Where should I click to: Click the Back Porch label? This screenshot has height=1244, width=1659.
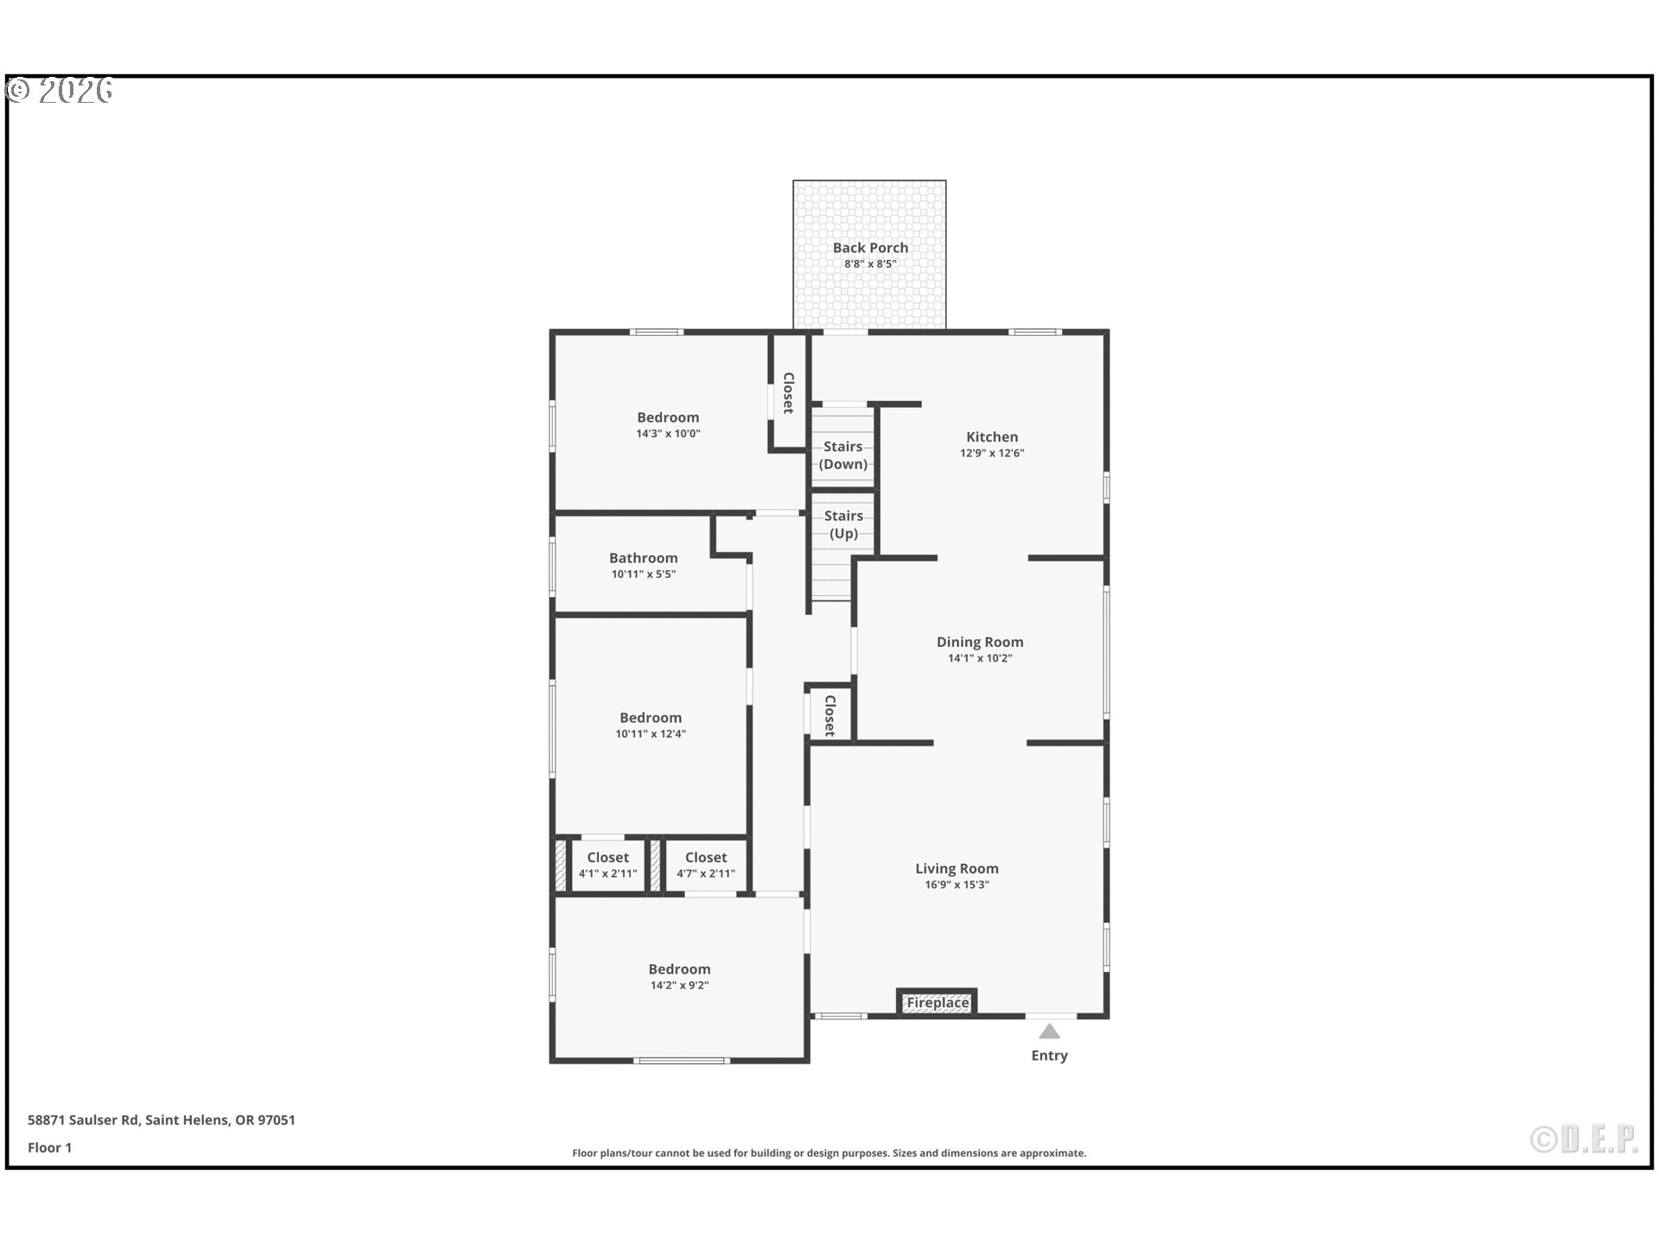pos(870,248)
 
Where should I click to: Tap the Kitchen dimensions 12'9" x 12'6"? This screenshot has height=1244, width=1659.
pos(992,453)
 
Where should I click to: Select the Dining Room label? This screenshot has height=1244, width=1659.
pos(980,642)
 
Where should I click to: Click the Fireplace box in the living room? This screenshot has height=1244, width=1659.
pos(938,1003)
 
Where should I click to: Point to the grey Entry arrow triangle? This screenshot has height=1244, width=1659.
pos(1049,1031)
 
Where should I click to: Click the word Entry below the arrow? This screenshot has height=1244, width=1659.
pos(1049,1056)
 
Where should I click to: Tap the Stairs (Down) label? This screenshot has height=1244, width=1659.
pos(843,455)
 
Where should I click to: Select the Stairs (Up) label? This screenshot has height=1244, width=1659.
pos(843,524)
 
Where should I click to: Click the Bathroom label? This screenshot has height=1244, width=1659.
pos(644,558)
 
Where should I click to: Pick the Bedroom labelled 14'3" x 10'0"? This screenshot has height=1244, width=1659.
pos(668,417)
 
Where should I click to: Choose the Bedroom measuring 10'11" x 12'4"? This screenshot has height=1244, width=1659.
pos(651,718)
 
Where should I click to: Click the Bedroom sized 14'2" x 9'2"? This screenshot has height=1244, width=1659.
pos(679,969)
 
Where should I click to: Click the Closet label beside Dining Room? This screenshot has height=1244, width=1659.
pos(829,715)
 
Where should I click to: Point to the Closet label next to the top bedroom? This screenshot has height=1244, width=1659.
pos(788,393)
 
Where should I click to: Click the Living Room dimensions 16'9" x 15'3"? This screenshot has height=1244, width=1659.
pos(957,885)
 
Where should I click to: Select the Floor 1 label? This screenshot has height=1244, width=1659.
pos(49,1148)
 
